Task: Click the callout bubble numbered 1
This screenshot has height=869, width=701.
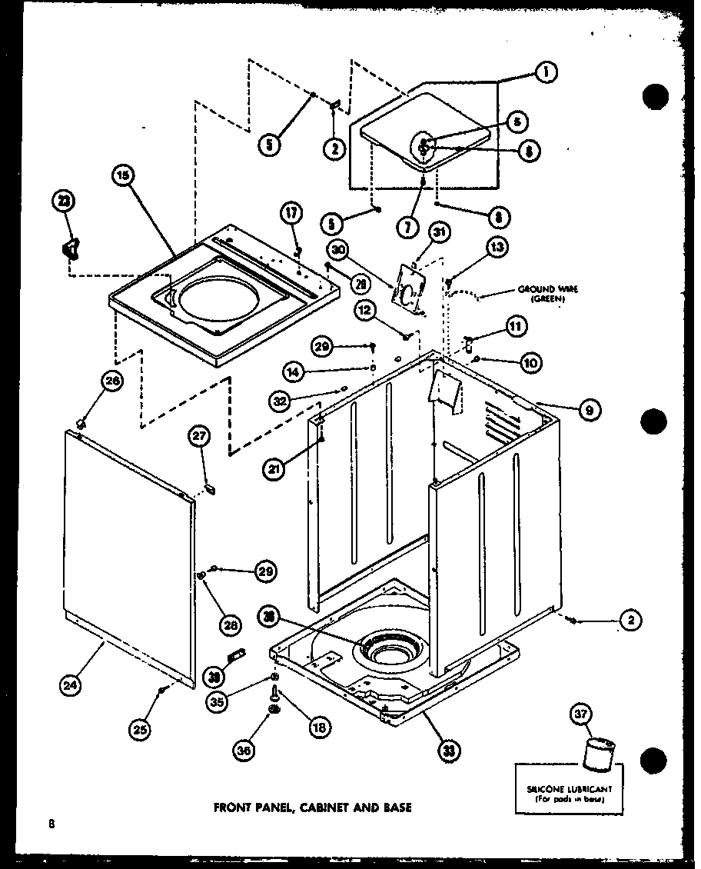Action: pos(545,73)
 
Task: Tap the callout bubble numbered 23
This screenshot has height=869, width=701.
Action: pos(63,202)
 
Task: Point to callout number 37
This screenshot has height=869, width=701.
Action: pos(580,714)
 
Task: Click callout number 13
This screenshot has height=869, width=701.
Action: pos(496,247)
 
